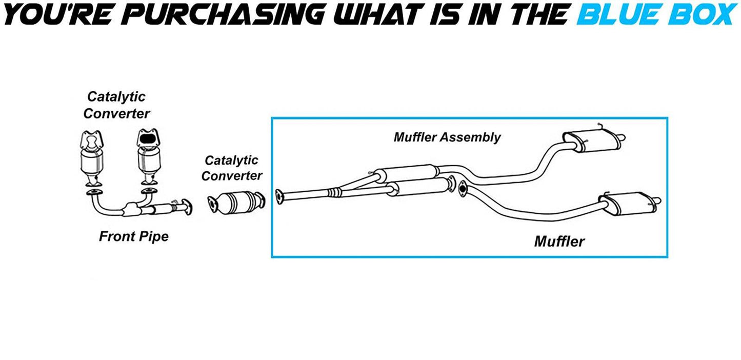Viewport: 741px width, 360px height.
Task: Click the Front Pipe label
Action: pyautogui.click(x=133, y=236)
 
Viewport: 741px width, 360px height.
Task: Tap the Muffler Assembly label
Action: pyautogui.click(x=447, y=137)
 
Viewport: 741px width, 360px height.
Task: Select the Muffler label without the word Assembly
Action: pyautogui.click(x=559, y=241)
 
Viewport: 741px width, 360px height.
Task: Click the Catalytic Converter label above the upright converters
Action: pyautogui.click(x=116, y=105)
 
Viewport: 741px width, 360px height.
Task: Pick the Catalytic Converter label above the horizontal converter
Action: pyautogui.click(x=231, y=168)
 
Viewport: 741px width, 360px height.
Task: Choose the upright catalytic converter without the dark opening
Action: pyautogui.click(x=93, y=156)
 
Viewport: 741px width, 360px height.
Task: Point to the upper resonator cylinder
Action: pyautogui.click(x=405, y=172)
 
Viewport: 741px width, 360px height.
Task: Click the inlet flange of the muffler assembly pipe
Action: pyautogui.click(x=279, y=197)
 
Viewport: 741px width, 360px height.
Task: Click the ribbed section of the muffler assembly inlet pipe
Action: pyautogui.click(x=334, y=193)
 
